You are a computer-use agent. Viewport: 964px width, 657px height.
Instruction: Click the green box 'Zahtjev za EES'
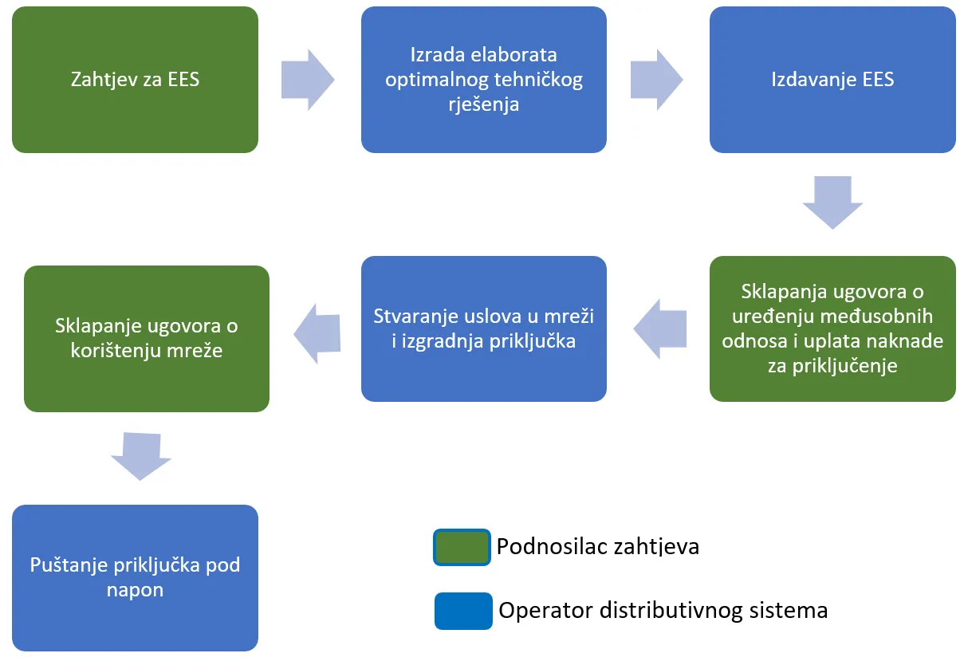pyautogui.click(x=135, y=80)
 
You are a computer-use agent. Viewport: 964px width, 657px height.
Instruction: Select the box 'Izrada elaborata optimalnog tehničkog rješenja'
pyautogui.click(x=483, y=80)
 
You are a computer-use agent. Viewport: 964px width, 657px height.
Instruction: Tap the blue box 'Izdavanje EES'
pyautogui.click(x=832, y=80)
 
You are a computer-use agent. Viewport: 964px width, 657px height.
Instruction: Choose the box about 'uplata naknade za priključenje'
pyautogui.click(x=832, y=328)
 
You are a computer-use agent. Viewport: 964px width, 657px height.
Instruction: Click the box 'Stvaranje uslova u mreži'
pyautogui.click(x=483, y=328)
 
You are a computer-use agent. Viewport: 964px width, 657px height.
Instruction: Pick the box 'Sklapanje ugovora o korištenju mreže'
pyautogui.click(x=147, y=338)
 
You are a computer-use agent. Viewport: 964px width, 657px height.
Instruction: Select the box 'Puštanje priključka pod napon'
pyautogui.click(x=135, y=577)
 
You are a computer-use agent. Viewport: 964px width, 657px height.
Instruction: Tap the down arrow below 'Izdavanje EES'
pyautogui.click(x=832, y=202)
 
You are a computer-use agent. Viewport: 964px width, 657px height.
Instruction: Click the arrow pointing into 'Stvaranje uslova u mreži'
pyautogui.click(x=660, y=328)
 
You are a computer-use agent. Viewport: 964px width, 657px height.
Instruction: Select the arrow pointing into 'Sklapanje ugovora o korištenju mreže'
pyautogui.click(x=317, y=333)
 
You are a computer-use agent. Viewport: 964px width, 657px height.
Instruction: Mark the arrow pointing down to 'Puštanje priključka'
pyautogui.click(x=141, y=455)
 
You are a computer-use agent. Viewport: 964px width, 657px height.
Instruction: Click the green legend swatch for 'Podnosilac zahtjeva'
pyautogui.click(x=462, y=547)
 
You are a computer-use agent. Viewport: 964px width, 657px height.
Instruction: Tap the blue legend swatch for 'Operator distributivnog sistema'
pyautogui.click(x=463, y=611)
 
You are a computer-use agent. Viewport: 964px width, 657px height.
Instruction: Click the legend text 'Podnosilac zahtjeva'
pyautogui.click(x=597, y=547)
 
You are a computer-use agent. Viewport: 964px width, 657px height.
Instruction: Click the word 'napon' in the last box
pyautogui.click(x=135, y=590)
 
